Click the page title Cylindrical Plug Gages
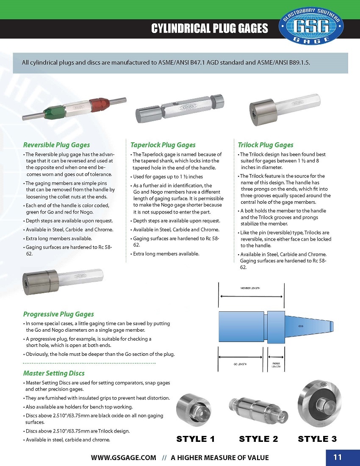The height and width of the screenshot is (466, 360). click(x=210, y=28)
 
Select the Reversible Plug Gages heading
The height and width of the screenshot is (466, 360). click(x=56, y=145)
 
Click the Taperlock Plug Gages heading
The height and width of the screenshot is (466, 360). click(x=163, y=145)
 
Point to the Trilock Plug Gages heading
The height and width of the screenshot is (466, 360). click(x=266, y=145)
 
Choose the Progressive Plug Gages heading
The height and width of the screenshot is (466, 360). click(x=58, y=314)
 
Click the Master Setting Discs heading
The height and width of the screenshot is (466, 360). click(x=54, y=373)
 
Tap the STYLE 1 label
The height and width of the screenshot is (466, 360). click(x=195, y=439)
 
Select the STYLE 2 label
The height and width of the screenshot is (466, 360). click(x=258, y=439)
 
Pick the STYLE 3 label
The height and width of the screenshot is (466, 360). click(x=317, y=439)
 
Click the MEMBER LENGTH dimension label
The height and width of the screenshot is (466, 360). click(x=250, y=288)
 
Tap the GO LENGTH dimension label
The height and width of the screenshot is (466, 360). click(x=240, y=364)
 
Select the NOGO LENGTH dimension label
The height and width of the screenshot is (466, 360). click(x=276, y=365)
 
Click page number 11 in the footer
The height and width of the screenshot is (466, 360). click(x=338, y=457)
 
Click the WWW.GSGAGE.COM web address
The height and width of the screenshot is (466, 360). click(x=124, y=458)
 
